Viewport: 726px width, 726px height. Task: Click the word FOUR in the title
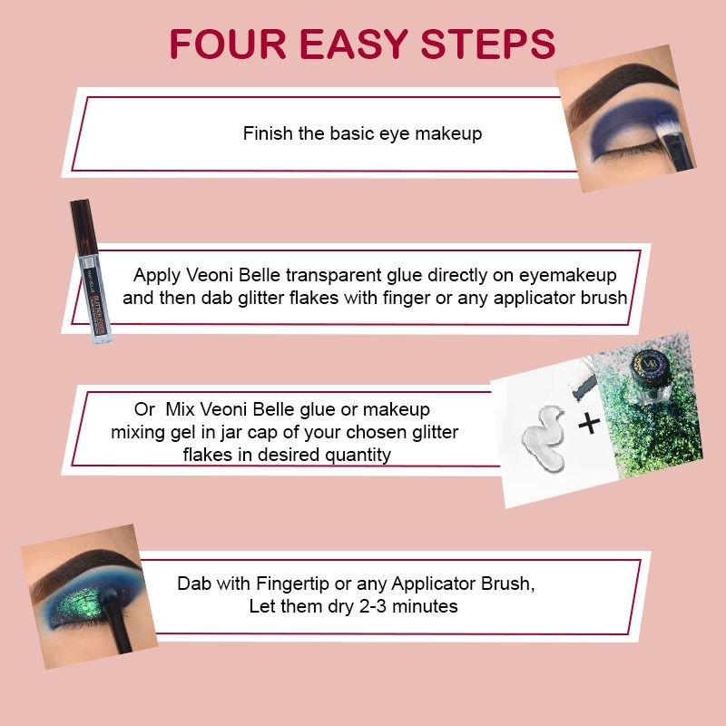click(x=228, y=44)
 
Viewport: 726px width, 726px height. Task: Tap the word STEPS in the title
click(x=487, y=44)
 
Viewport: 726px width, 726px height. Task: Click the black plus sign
click(x=589, y=423)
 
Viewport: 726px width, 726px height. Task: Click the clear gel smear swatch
click(x=544, y=437)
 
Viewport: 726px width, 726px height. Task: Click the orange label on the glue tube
click(x=100, y=312)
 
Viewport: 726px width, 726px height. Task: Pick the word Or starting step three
click(x=144, y=410)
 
